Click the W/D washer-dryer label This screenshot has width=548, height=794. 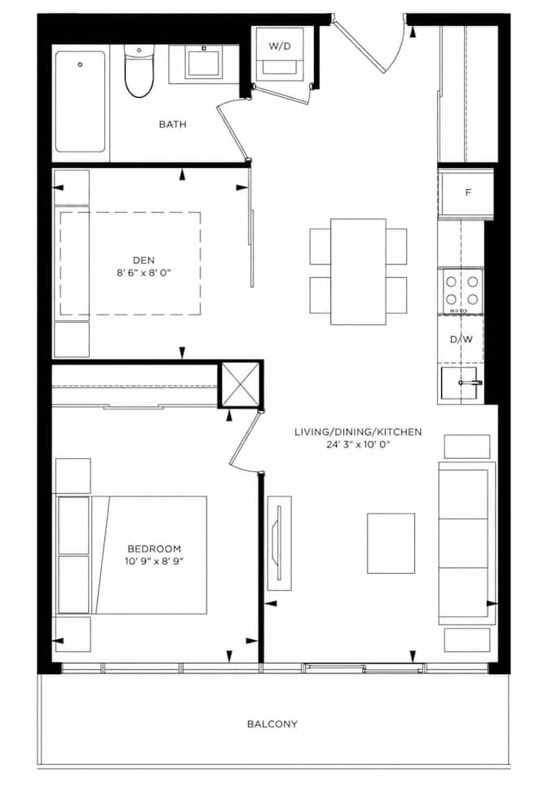280,46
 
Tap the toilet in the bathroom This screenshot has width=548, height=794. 139,71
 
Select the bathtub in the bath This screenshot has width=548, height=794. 81,101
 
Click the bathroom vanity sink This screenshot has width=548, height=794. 204,62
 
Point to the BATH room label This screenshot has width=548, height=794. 173,124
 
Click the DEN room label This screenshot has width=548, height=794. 144,260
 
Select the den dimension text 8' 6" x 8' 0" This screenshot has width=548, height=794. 144,273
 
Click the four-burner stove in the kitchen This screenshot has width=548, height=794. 462,291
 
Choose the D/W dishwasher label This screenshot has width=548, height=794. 462,339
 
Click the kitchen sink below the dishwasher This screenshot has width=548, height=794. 459,384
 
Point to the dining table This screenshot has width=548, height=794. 358,271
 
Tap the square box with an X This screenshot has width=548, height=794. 241,384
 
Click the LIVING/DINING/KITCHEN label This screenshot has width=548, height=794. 358,432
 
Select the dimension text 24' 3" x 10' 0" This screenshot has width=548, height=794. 358,444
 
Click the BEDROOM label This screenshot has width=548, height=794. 154,549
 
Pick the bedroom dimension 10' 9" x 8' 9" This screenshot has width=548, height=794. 154,561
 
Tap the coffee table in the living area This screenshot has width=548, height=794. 391,544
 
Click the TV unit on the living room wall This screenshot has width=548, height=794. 279,543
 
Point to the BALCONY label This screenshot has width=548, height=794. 272,724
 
